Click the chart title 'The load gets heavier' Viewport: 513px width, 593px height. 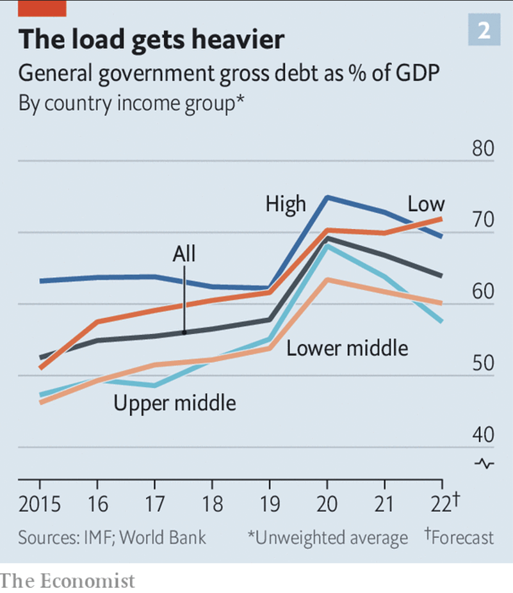pos(151,40)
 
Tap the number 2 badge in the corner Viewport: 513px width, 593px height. pos(484,31)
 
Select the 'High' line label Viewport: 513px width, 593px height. pos(286,205)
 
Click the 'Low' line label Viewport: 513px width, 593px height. pos(426,204)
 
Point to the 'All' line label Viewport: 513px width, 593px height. pos(184,254)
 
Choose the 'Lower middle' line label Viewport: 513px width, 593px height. pos(347,348)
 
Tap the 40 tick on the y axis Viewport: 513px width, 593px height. pos(484,436)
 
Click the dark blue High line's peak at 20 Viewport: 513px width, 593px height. pos(327,197)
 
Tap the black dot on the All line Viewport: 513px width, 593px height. pos(184,332)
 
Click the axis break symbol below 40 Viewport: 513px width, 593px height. pos(485,463)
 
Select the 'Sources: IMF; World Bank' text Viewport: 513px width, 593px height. pos(112,537)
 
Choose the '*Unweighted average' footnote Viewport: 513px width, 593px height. pos(327,537)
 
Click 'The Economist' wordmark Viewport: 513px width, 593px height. pos(68,580)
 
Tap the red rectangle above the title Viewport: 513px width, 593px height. pos(42,8)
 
